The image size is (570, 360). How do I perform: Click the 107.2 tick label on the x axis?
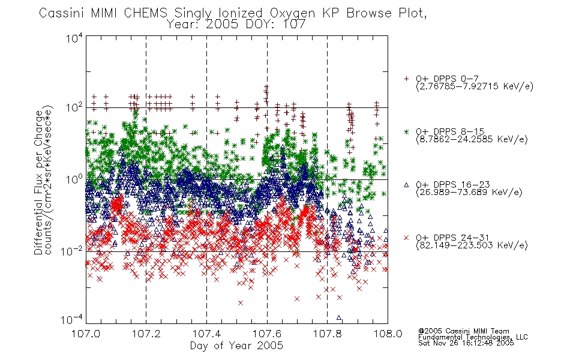coord(146,334)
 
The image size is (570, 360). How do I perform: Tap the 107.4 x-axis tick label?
coord(206,334)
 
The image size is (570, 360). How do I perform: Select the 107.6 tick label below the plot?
coord(267,334)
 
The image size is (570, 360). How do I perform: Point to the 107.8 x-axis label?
coord(328,334)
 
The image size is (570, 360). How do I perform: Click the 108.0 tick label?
coord(388,334)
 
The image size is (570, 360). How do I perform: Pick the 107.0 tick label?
coord(86,334)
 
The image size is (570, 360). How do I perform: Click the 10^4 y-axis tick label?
coord(74,38)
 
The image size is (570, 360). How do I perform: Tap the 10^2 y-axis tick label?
coord(74,108)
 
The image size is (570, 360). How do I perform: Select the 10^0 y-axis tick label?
coord(74,179)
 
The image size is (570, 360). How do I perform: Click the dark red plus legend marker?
coord(406,79)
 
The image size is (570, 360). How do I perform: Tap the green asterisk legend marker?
coord(406,131)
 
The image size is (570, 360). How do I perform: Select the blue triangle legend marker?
coord(406,185)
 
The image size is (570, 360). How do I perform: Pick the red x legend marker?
coord(406,238)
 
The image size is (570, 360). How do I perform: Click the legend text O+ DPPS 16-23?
coord(453,185)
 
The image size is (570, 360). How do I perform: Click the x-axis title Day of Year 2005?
coord(236,346)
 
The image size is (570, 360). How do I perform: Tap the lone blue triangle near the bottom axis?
coord(339,317)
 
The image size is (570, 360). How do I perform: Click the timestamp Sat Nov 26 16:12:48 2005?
coord(466,343)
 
